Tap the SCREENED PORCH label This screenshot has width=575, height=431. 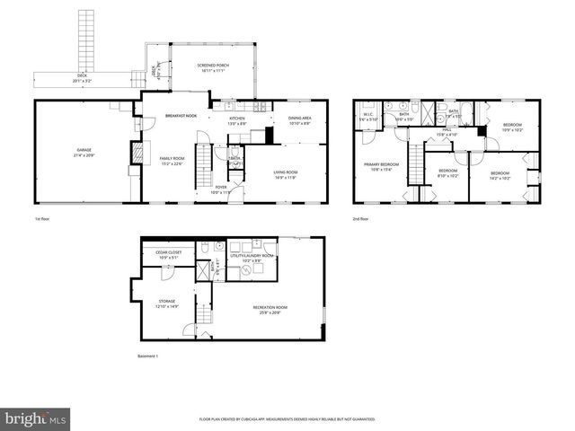(212, 66)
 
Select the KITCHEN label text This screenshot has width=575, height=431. (236, 119)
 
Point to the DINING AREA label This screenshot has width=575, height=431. (299, 119)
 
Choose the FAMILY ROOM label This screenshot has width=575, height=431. (171, 158)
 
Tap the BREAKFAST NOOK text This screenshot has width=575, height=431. (181, 116)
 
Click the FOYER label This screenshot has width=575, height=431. (220, 188)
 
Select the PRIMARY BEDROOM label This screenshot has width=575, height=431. (382, 165)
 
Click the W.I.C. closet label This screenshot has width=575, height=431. (368, 115)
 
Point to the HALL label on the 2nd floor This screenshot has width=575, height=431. (446, 130)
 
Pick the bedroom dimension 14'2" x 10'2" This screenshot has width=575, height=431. (499, 178)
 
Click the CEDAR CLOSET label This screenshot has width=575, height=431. (169, 252)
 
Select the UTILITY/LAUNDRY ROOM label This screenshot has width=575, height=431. (252, 256)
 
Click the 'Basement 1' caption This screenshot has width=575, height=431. (146, 356)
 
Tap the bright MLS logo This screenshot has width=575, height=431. (36, 418)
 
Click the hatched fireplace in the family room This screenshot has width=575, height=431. (137, 154)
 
